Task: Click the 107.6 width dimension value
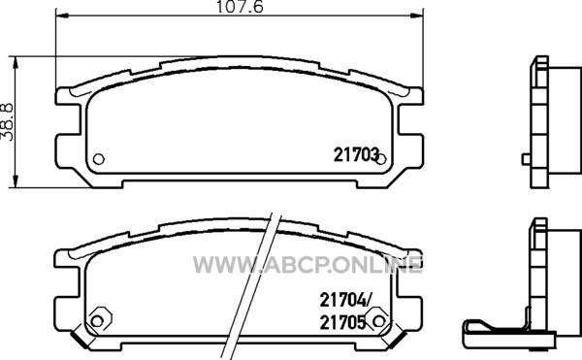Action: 240,7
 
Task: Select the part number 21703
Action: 356,154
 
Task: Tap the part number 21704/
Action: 344,300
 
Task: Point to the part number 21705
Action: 342,323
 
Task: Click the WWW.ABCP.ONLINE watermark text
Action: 307,265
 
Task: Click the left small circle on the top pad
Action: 98,159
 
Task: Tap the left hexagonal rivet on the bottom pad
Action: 98,320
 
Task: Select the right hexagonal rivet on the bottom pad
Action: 378,320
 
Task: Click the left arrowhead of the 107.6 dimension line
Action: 62,16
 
